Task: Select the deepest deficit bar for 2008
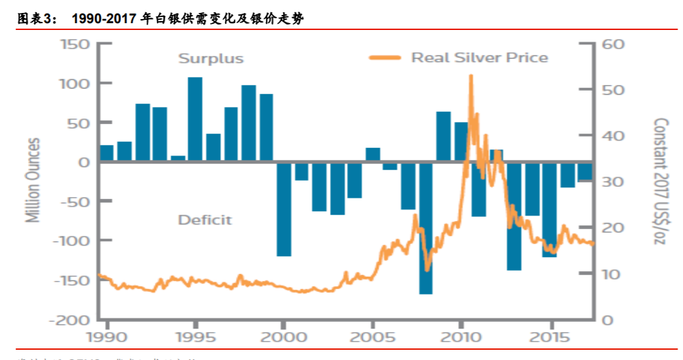[425, 228]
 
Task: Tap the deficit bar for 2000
[284, 209]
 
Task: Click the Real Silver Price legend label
[479, 57]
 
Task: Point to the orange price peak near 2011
[470, 77]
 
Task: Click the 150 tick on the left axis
[76, 44]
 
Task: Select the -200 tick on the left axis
[72, 320]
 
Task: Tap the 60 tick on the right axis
[612, 44]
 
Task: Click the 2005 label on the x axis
[372, 337]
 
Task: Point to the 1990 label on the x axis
[106, 337]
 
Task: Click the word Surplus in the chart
[211, 59]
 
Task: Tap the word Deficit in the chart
[204, 220]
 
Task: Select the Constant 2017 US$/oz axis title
[660, 182]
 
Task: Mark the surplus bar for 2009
[443, 136]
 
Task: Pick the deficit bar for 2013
[514, 215]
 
